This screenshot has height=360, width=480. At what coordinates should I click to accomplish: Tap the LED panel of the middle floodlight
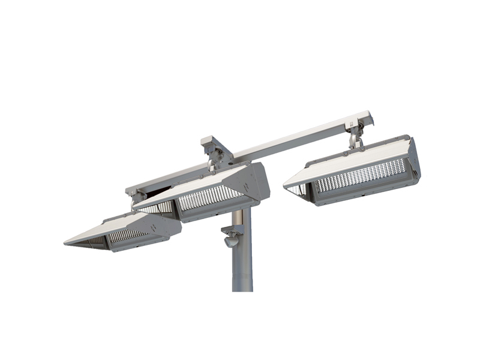click(210, 197)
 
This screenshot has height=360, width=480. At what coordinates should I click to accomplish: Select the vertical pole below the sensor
click(242, 270)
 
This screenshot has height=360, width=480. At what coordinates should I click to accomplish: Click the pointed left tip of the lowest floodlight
click(67, 242)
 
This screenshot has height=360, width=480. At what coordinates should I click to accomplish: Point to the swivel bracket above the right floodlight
click(355, 133)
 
